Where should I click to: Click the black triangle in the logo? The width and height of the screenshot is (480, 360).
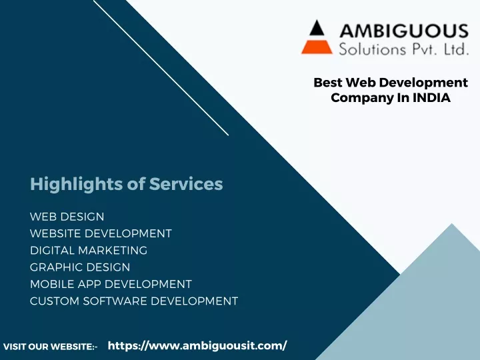point(317,28)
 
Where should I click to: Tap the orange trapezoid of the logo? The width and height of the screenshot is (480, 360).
point(317,47)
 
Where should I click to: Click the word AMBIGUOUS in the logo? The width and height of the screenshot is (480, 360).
point(404,31)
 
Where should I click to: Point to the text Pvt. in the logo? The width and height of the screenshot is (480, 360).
point(425,49)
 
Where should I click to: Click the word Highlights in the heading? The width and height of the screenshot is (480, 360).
point(77,185)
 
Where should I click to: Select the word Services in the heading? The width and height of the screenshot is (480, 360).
point(186,184)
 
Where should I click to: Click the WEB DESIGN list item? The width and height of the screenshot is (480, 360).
point(67,217)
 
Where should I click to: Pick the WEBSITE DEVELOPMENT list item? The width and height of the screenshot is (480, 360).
point(101,233)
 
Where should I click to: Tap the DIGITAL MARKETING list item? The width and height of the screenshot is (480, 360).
point(89,251)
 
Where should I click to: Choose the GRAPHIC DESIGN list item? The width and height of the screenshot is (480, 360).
point(80,267)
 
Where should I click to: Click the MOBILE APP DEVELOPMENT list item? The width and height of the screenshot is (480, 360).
point(111,284)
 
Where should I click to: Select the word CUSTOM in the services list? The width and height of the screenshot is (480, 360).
point(55,301)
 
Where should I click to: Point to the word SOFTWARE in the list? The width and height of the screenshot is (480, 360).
point(115,301)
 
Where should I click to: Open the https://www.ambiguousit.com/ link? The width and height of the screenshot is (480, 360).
point(197,345)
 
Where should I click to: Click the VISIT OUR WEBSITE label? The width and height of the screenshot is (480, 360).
point(50,347)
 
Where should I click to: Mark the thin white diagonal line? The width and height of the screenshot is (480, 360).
point(161,67)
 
